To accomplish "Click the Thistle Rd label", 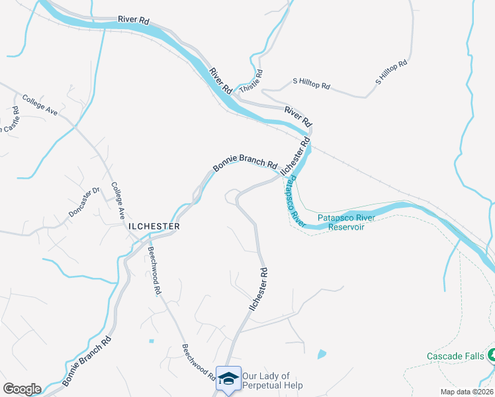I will click(251, 81).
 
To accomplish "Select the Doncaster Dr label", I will click(83, 202).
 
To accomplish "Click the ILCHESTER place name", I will click(154, 226).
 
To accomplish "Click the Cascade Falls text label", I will click(454, 356).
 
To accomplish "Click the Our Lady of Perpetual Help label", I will click(272, 380).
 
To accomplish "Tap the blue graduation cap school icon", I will click(228, 378).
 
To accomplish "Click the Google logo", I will click(22, 389).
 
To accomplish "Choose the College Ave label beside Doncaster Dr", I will click(118, 200).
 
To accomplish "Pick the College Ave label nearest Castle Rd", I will click(40, 105).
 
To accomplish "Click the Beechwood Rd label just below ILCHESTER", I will click(154, 271).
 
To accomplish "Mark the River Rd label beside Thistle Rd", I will click(221, 80).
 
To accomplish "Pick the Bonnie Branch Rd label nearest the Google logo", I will click(87, 361).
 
